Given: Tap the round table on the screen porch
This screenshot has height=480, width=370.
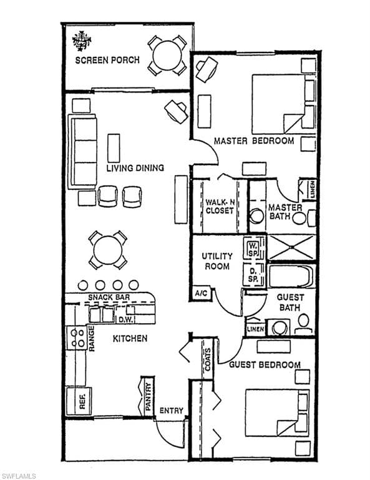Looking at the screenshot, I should (x=167, y=55).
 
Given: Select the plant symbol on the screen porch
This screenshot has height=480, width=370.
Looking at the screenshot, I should (x=82, y=41).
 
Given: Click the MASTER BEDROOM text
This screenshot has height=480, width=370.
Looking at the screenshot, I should (x=253, y=141).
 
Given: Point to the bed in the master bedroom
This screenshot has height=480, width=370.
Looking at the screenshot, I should (x=282, y=103).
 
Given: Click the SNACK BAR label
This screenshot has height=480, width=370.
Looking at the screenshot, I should (x=109, y=297).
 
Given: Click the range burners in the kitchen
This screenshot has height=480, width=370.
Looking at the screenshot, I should (x=77, y=338).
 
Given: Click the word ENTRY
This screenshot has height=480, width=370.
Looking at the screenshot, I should (x=172, y=411).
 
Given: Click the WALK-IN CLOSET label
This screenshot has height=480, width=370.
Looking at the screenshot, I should (x=219, y=206).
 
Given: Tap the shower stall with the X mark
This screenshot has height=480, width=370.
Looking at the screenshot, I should (x=291, y=247).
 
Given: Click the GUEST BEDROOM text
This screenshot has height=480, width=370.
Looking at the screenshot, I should (x=265, y=364).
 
